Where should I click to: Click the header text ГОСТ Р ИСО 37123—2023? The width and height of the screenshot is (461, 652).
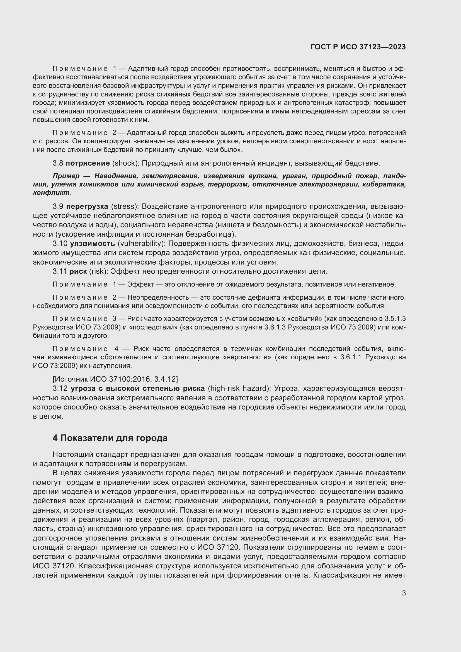358,47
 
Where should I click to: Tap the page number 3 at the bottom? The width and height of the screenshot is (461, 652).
404,593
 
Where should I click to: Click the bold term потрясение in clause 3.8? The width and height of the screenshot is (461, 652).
88,163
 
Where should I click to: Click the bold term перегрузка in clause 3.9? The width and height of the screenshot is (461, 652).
88,206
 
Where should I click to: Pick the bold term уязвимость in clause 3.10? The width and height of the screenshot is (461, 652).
92,243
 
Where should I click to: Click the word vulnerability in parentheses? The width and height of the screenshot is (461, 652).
141,243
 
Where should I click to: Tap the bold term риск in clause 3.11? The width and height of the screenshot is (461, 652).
78,271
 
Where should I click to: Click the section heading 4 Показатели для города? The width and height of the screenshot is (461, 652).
110,438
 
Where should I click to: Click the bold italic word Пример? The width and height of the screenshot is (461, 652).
66,176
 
